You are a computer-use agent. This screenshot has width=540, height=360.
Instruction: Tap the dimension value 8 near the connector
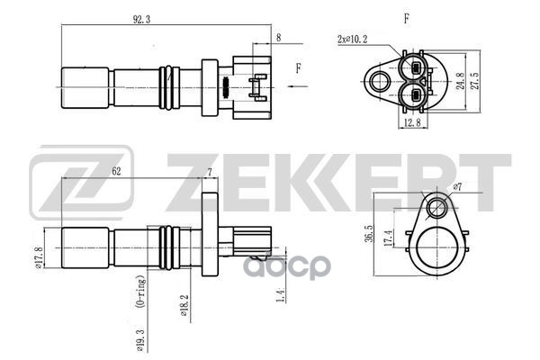pos(279,38)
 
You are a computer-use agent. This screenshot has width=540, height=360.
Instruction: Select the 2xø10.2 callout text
pos(351,40)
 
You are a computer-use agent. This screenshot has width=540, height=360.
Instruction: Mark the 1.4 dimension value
pos(281,292)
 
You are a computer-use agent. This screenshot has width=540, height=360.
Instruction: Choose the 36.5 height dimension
pos(371,233)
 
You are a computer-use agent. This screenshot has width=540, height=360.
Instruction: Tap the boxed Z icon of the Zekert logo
pos(79,186)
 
